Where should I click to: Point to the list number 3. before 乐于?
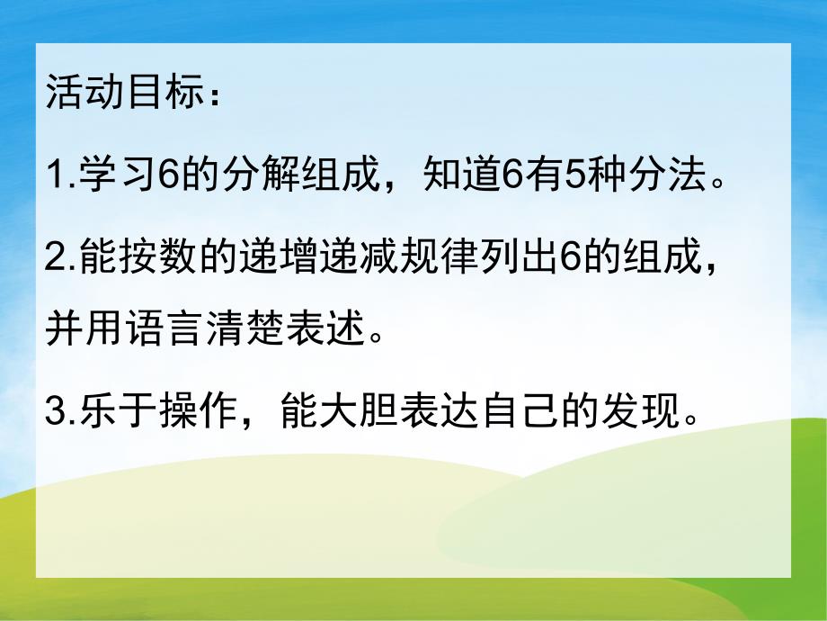58,413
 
